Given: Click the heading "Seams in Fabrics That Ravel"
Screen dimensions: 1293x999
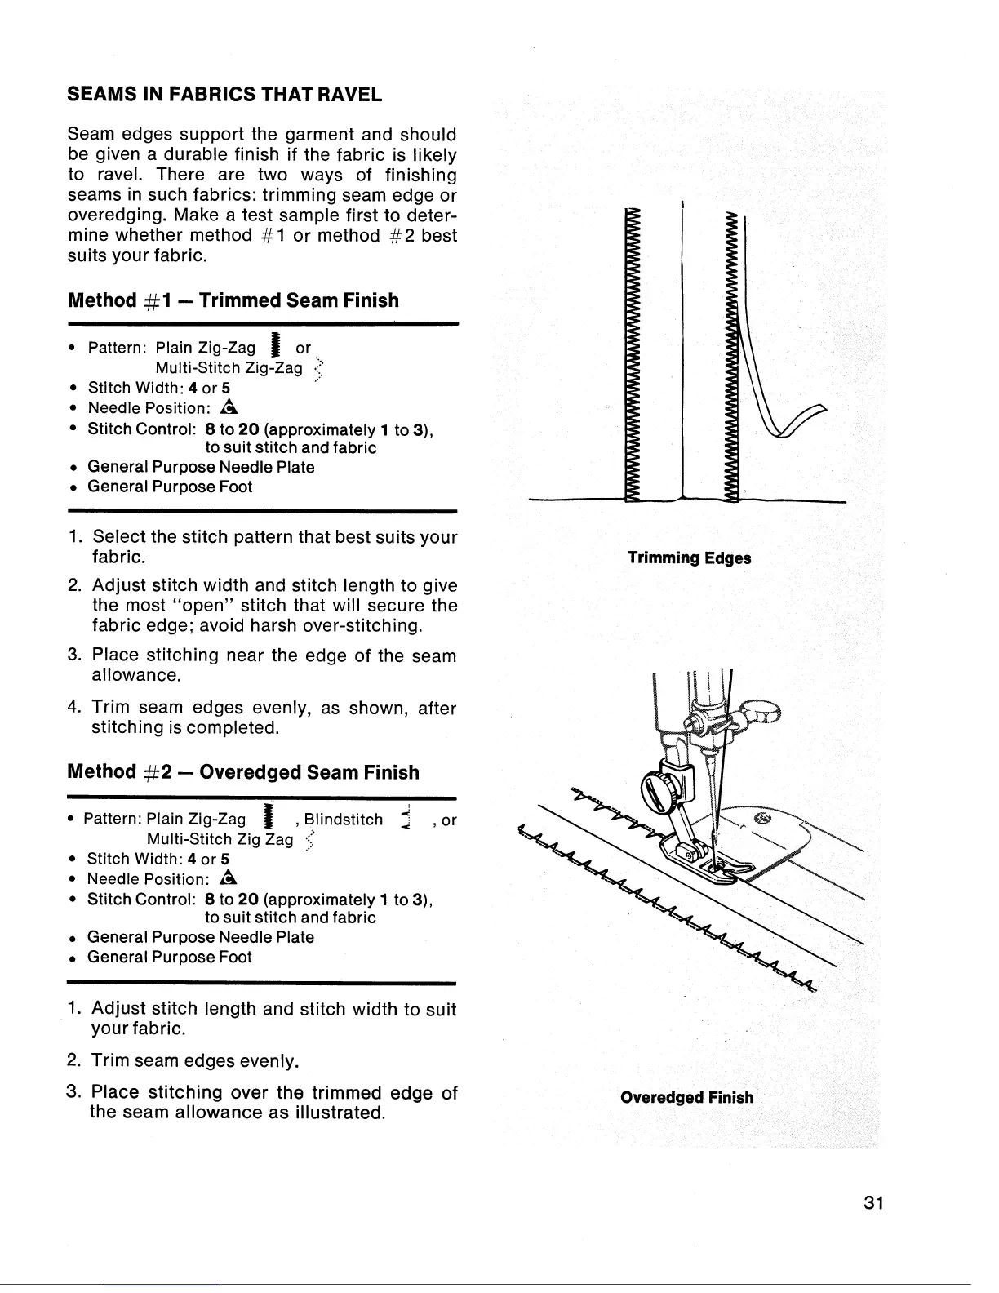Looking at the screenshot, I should pyautogui.click(x=224, y=94).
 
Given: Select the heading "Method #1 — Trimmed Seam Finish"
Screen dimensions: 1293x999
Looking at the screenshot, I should pyautogui.click(x=233, y=300).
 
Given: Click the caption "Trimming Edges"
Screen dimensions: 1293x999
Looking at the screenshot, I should pyautogui.click(x=689, y=558).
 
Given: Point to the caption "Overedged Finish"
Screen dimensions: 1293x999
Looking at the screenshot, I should pyautogui.click(x=686, y=1096).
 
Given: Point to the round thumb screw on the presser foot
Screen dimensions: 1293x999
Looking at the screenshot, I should pyautogui.click(x=657, y=790).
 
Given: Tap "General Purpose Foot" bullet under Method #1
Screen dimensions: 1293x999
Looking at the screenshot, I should pyautogui.click(x=170, y=487).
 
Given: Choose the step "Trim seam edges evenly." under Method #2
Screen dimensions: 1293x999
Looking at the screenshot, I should pyautogui.click(x=194, y=1061).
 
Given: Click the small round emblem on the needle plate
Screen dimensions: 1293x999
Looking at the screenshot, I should pyautogui.click(x=765, y=820).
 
